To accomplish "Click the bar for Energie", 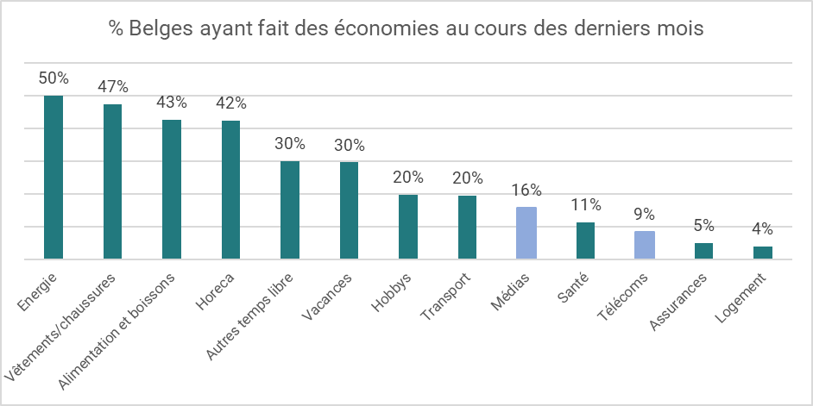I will click(x=54, y=177).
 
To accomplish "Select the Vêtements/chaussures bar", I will click(x=112, y=181).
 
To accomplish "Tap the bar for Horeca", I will click(x=230, y=190).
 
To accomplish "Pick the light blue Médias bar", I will click(x=526, y=233).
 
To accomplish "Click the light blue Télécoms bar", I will click(x=645, y=245).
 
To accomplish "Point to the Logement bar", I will click(x=763, y=253).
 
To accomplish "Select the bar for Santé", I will click(x=586, y=240).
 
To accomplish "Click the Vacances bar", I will click(x=349, y=210).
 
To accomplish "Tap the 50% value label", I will click(x=54, y=78).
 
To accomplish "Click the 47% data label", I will click(x=112, y=86).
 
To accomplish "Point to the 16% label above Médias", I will click(x=526, y=190).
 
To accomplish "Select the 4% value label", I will click(x=763, y=229).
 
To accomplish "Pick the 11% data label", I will click(x=586, y=205).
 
